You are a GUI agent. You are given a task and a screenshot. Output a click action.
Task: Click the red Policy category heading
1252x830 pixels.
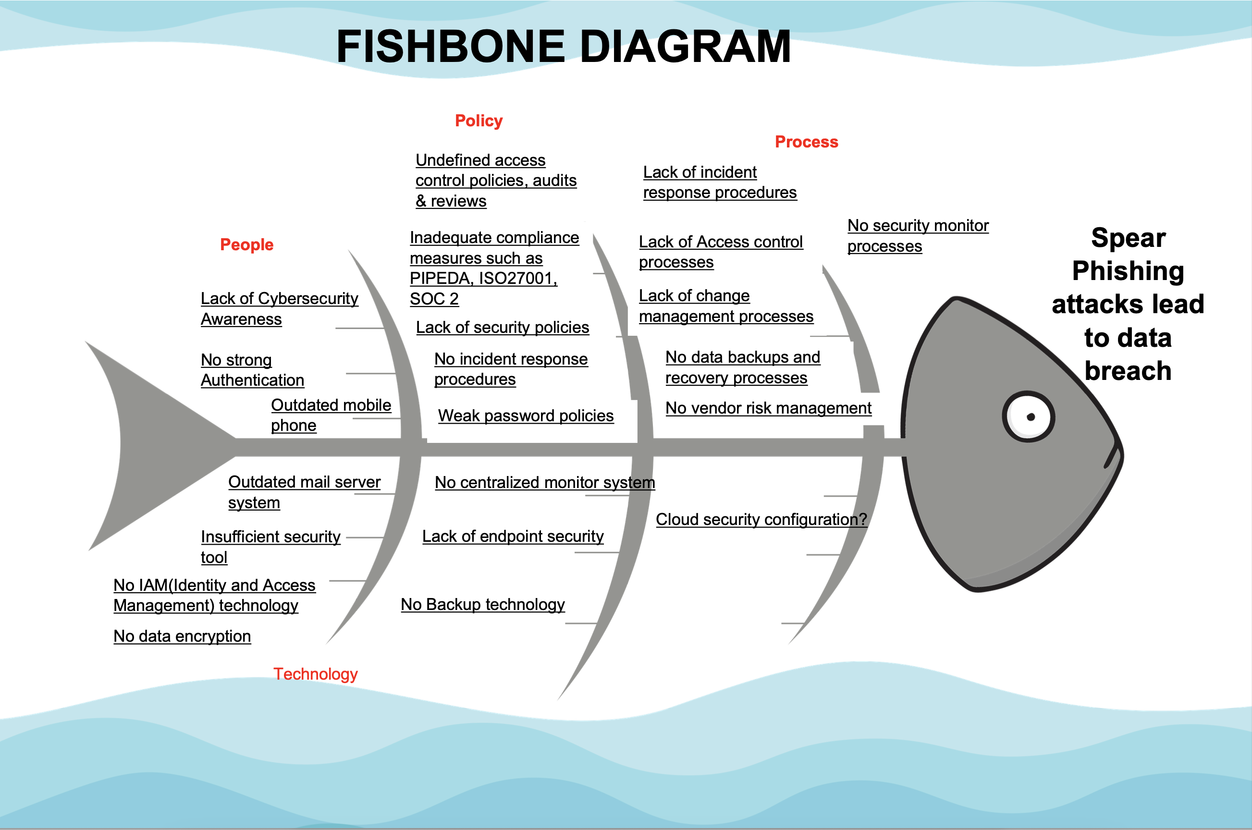(479, 121)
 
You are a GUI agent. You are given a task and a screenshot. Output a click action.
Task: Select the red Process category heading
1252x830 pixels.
(806, 142)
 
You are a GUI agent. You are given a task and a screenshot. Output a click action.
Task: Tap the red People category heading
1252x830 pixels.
(246, 244)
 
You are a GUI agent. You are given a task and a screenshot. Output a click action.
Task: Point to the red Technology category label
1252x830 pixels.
(316, 674)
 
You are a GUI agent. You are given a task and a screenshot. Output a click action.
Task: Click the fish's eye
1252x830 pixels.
(1028, 416)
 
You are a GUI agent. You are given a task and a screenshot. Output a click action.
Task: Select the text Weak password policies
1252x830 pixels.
(525, 415)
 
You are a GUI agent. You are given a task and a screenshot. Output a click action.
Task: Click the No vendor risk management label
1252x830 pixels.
(768, 408)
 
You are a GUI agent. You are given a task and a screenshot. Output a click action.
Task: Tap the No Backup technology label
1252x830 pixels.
(482, 605)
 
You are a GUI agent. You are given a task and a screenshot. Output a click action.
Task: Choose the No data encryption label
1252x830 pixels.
(182, 636)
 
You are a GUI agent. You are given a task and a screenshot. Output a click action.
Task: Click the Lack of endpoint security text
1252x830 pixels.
(513, 536)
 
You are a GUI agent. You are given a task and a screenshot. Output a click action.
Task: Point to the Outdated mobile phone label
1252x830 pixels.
(331, 415)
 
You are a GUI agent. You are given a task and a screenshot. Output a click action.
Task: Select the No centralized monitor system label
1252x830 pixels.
(544, 482)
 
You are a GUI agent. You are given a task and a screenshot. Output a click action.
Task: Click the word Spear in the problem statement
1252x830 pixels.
(1128, 238)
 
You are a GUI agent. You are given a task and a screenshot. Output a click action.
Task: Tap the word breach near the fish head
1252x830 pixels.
(1128, 370)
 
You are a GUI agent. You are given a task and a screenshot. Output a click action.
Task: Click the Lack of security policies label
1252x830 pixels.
(502, 327)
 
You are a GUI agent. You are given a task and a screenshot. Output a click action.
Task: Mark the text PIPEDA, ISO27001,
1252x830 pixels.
(483, 279)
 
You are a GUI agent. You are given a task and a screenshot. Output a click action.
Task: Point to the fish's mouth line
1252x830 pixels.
(1112, 456)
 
